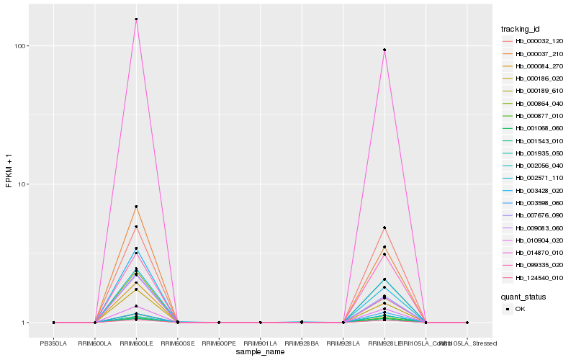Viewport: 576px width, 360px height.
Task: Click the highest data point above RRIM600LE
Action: [x=136, y=19]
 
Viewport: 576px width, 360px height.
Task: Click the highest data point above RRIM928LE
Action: [x=384, y=50]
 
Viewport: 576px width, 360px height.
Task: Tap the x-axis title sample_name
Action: [x=260, y=352]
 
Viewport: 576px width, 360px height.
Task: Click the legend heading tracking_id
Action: [x=521, y=29]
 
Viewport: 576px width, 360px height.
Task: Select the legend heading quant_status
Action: [x=523, y=296]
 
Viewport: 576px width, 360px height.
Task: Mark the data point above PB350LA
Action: [x=53, y=323]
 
